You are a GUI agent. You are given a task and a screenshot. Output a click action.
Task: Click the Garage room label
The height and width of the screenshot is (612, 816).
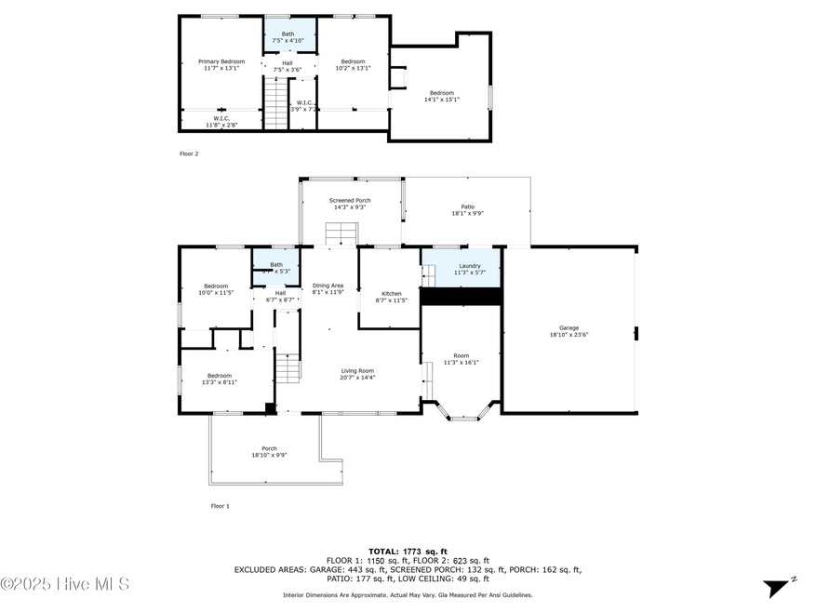point(569,328)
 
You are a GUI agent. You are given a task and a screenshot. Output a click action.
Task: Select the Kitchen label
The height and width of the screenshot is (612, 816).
point(392,294)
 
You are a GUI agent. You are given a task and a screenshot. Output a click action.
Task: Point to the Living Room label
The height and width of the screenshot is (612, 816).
point(357,370)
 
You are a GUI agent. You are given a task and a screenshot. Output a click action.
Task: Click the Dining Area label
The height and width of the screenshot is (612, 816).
point(328,286)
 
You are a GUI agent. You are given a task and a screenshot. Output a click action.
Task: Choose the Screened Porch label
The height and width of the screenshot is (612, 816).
point(350,201)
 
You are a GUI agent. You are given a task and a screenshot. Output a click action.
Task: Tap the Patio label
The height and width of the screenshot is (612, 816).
point(467,207)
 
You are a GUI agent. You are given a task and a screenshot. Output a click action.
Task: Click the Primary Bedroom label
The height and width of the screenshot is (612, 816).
point(221,61)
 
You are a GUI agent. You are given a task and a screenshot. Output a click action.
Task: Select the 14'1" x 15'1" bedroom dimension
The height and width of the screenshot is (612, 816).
point(442,100)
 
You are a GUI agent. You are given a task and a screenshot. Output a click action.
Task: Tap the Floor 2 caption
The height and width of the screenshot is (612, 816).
point(189,153)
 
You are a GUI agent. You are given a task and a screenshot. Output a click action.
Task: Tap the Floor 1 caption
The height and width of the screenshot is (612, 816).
point(220,506)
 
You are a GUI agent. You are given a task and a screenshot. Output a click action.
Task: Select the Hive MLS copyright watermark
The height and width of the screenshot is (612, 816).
point(65,585)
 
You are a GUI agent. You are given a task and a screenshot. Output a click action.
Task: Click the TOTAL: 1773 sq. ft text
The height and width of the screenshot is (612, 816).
point(408,552)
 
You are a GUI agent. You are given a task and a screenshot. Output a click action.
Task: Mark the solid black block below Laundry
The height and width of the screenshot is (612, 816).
point(462,296)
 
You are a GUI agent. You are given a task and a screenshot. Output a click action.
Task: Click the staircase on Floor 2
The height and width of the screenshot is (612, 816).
point(274,102)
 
